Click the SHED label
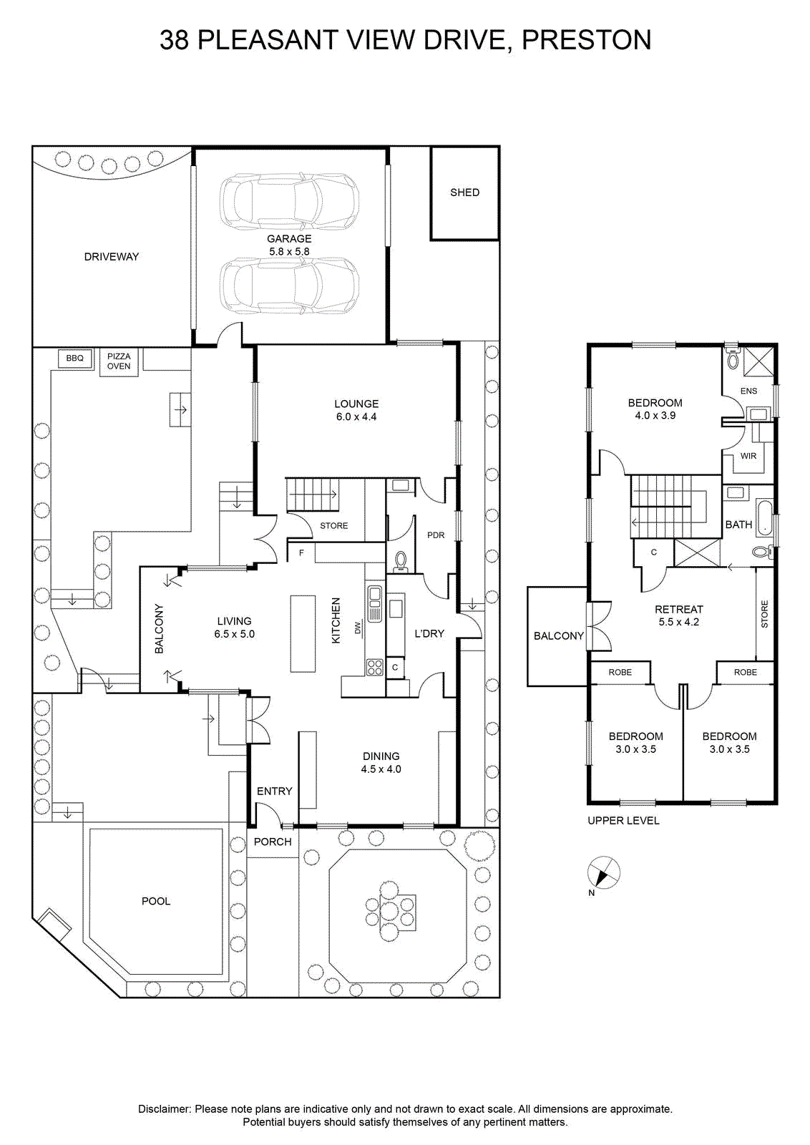[464, 193]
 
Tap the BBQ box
[74, 359]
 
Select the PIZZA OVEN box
[119, 362]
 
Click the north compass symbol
[603, 872]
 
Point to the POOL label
[156, 901]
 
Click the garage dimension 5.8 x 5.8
[289, 251]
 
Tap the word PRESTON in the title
[587, 40]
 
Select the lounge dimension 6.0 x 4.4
[356, 416]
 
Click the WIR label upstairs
[748, 456]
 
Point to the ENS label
[748, 391]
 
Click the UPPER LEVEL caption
[623, 820]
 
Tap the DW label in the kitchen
[358, 627]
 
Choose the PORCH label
[273, 842]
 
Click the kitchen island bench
[303, 633]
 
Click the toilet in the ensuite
[733, 359]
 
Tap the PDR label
[436, 535]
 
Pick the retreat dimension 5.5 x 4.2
[678, 622]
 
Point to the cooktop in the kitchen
[375, 667]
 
